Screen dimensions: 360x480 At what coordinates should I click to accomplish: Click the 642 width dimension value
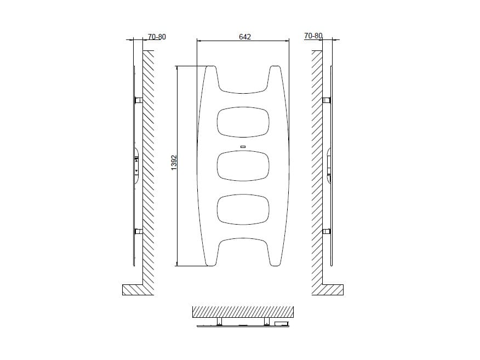[244, 36]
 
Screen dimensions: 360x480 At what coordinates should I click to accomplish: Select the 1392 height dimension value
[174, 162]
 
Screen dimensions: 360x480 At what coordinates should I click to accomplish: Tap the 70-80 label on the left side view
[157, 37]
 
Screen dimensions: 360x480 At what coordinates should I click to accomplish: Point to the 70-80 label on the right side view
[313, 36]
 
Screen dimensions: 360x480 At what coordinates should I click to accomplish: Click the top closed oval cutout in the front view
[244, 122]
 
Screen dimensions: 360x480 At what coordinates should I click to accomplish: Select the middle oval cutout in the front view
[244, 165]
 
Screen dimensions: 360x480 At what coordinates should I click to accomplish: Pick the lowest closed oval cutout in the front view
[244, 209]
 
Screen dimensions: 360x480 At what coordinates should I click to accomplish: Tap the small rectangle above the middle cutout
[244, 146]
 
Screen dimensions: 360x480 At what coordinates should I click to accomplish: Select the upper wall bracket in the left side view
[139, 100]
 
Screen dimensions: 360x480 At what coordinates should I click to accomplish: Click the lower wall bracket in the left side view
[139, 231]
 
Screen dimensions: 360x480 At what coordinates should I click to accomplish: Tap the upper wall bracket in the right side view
[326, 100]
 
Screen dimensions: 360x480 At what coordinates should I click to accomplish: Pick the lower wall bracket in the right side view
[326, 231]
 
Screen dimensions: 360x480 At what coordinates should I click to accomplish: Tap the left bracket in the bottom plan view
[219, 321]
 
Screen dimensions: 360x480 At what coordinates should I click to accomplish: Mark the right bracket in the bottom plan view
[267, 321]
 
